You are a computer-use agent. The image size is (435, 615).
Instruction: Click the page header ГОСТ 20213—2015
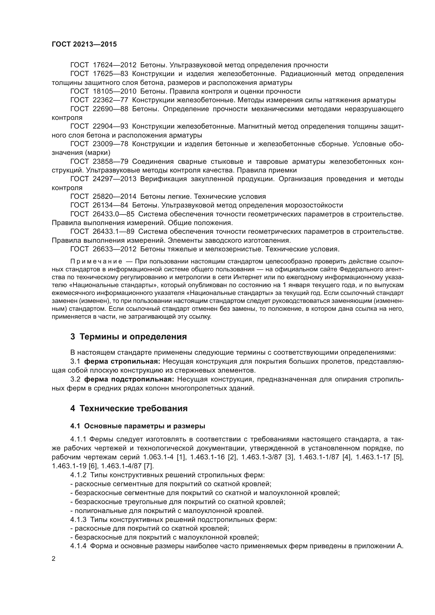(84, 44)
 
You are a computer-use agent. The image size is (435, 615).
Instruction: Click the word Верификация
(163, 179)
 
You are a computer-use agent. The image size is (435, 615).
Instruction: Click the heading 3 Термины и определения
(128, 337)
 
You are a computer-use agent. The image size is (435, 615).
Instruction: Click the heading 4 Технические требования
(129, 409)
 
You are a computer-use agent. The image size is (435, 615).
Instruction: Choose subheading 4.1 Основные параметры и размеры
(138, 426)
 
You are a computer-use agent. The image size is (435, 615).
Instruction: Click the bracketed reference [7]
(149, 466)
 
